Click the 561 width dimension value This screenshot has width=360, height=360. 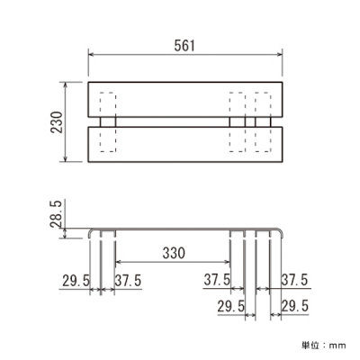pyautogui.click(x=184, y=46)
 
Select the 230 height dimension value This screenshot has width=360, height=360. pyautogui.click(x=57, y=122)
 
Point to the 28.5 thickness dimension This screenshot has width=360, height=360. pyautogui.click(x=56, y=214)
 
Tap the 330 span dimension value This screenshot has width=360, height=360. pyautogui.click(x=174, y=253)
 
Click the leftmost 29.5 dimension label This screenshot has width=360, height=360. pyautogui.click(x=76, y=281)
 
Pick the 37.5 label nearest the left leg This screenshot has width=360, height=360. pyautogui.click(x=128, y=281)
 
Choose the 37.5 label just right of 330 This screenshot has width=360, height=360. pyautogui.click(x=217, y=280)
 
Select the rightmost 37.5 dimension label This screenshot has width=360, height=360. pyautogui.click(x=294, y=280)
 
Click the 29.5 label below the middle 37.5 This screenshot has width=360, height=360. pyautogui.click(x=231, y=307)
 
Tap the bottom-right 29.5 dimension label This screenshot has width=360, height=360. pyautogui.click(x=295, y=306)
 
